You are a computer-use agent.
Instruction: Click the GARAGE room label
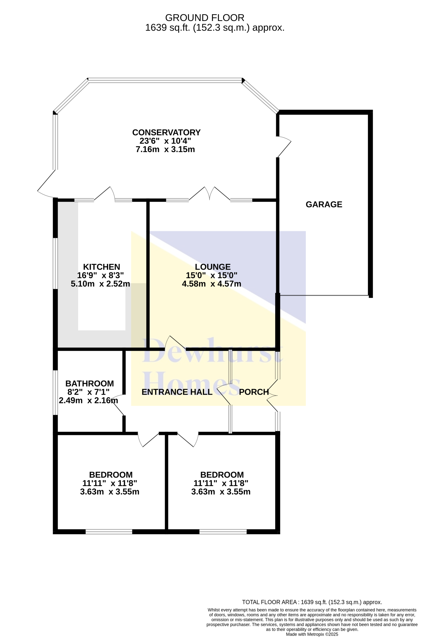[x=324, y=204]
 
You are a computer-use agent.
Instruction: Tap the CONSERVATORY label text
[x=166, y=133]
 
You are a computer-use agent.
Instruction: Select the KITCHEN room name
[x=101, y=267]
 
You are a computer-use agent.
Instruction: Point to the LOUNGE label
[x=213, y=267]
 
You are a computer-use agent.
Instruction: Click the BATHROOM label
[x=90, y=384]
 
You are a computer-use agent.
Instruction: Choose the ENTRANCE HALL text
[x=177, y=392]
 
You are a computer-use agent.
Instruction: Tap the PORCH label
[x=254, y=392]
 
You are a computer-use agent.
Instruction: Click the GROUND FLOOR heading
[x=205, y=18]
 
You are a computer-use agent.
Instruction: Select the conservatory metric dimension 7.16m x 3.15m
[x=165, y=149]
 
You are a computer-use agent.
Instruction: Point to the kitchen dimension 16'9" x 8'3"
[x=100, y=275]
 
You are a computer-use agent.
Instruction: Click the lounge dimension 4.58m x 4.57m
[x=212, y=284]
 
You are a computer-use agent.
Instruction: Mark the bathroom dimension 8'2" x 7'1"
[x=88, y=392]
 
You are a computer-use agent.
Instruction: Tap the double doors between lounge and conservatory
[x=210, y=194]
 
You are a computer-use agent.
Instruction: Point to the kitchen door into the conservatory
[x=105, y=194]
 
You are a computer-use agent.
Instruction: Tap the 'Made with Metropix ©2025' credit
[x=312, y=634]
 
